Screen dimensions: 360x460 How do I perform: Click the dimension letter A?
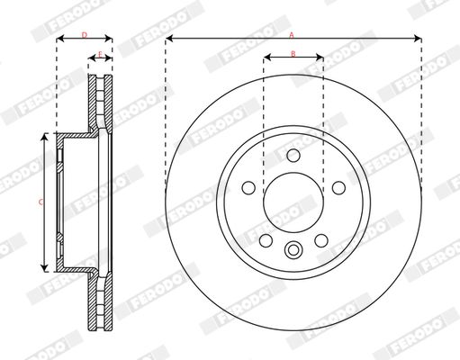click(x=292, y=33)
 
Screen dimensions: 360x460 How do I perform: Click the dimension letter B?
click(x=293, y=54)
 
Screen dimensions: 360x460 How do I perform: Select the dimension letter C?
click(x=41, y=202)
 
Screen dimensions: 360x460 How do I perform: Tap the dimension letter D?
click(x=84, y=34)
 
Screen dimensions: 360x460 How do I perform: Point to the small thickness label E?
click(x=100, y=52)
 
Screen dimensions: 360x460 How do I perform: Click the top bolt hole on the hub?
click(x=293, y=157)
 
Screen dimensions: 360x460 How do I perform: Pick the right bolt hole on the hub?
click(x=338, y=188)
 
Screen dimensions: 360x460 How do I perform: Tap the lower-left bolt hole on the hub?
click(x=266, y=239)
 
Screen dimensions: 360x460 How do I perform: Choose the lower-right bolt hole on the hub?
click(x=320, y=239)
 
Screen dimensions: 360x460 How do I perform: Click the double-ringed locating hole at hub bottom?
click(x=293, y=251)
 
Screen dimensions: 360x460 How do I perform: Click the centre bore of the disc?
click(x=293, y=202)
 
